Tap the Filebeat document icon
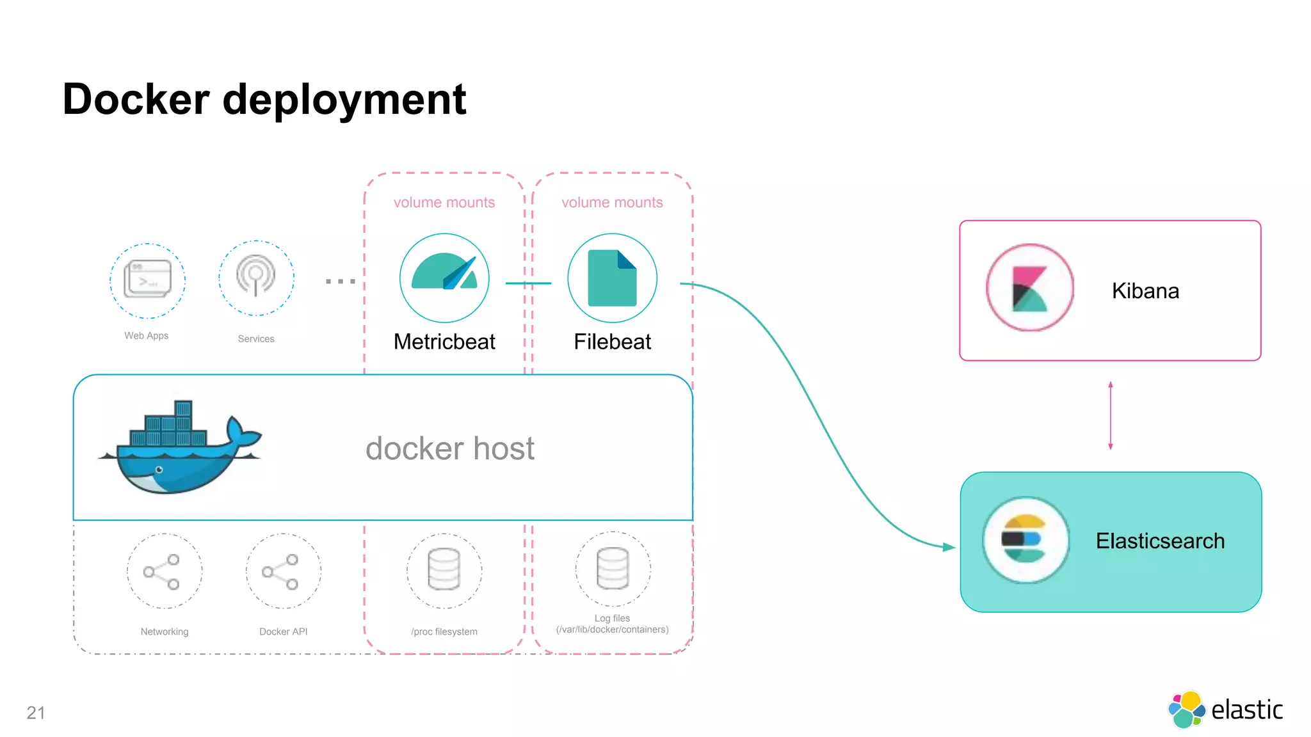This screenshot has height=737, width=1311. tap(612, 278)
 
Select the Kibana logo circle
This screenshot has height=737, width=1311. tap(1030, 288)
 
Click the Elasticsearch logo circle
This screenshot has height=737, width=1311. tap(1026, 540)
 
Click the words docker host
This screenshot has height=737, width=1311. tap(449, 448)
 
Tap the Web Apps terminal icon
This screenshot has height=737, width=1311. tap(147, 280)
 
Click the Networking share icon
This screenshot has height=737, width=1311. tap(164, 571)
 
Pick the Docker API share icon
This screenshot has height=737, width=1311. tap(283, 571)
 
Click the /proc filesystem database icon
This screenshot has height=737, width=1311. tap(444, 570)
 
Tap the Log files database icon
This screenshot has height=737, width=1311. tap(613, 568)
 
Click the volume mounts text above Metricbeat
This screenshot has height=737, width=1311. tap(444, 202)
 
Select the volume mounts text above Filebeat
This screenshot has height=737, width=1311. tap(612, 202)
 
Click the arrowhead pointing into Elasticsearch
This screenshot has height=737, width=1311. tap(949, 547)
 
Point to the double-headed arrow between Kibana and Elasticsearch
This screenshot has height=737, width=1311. tap(1110, 416)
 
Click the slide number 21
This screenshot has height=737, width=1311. tap(36, 713)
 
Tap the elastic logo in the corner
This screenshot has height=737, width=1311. tap(1225, 709)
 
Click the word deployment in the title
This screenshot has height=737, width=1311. tap(344, 100)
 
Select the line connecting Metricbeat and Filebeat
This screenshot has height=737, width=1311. tap(528, 283)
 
